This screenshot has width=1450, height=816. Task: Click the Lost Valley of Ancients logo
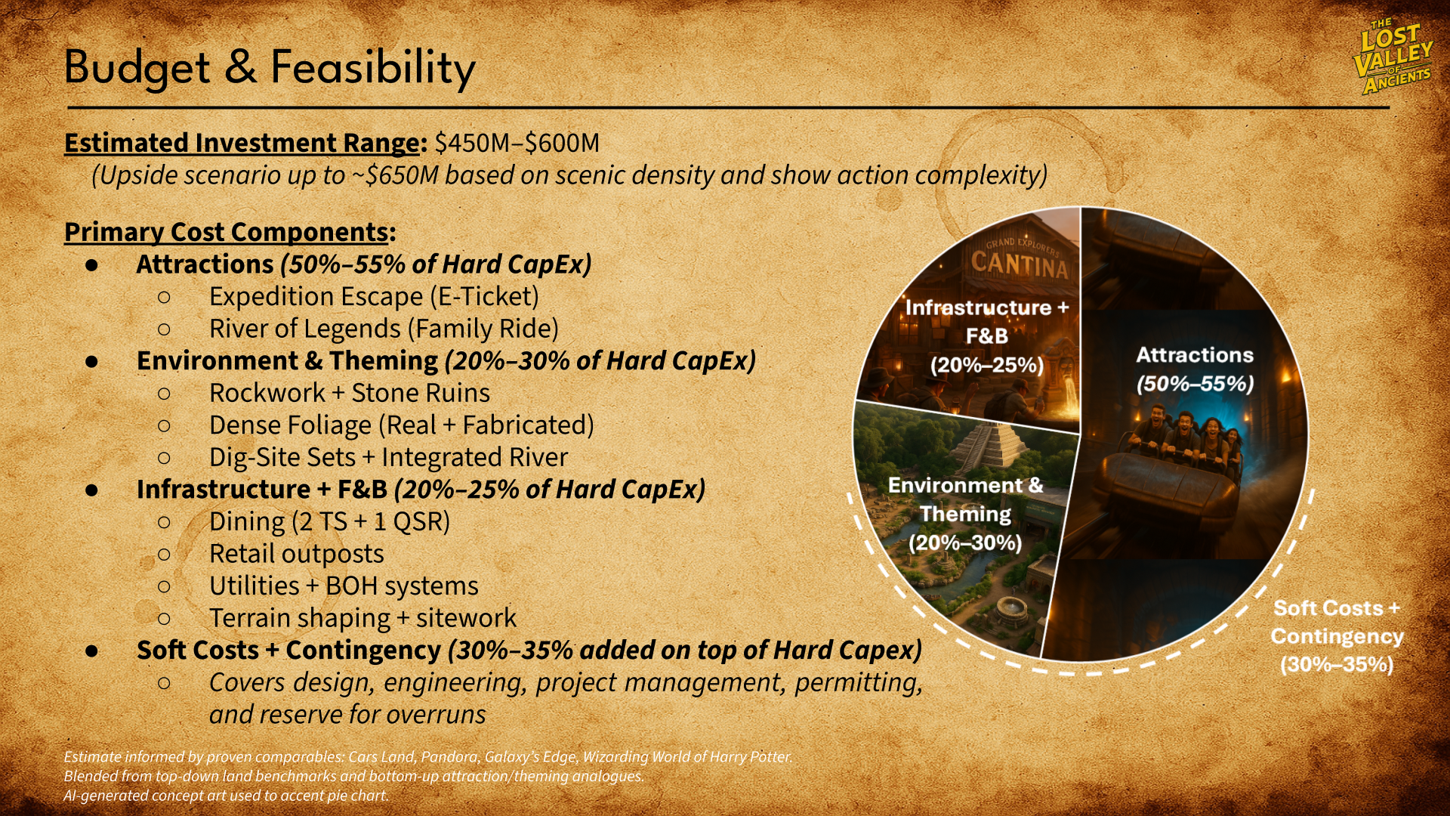(1394, 57)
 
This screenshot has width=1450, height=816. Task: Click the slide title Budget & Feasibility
(270, 67)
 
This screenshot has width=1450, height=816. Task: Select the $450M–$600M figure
(517, 143)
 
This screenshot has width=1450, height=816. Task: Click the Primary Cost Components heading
(227, 232)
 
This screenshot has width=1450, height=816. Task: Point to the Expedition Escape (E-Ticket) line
(374, 297)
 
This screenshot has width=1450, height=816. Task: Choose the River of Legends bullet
(384, 329)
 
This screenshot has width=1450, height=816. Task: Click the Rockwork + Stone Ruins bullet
(349, 393)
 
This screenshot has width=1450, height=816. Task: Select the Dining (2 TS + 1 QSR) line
(329, 521)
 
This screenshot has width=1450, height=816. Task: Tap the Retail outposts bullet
(296, 554)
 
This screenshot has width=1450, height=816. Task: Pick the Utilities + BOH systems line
(344, 586)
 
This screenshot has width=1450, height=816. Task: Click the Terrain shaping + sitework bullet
(362, 618)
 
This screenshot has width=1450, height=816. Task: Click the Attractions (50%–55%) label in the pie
(1195, 369)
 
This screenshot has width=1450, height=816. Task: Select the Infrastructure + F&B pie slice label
(986, 336)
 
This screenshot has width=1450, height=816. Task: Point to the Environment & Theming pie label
(965, 514)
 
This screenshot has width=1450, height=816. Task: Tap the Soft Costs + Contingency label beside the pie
(1336, 636)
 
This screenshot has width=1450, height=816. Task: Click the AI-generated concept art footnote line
(226, 796)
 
